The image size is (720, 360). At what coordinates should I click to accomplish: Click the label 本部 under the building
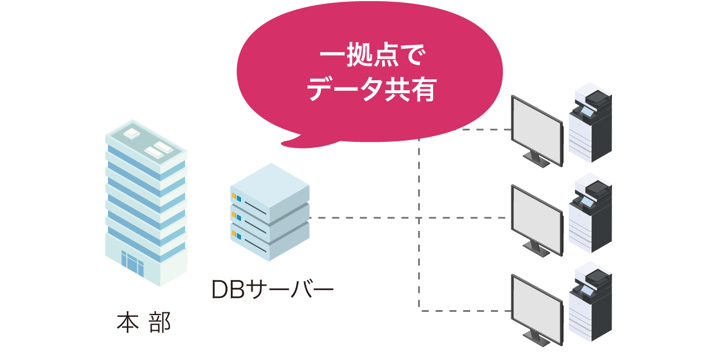click(143, 323)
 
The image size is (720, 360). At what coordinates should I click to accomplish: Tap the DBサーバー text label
click(272, 290)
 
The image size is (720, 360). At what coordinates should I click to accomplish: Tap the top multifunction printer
click(590, 125)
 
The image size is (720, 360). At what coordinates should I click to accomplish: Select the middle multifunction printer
click(590, 214)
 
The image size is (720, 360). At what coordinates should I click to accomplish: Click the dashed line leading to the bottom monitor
click(465, 311)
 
